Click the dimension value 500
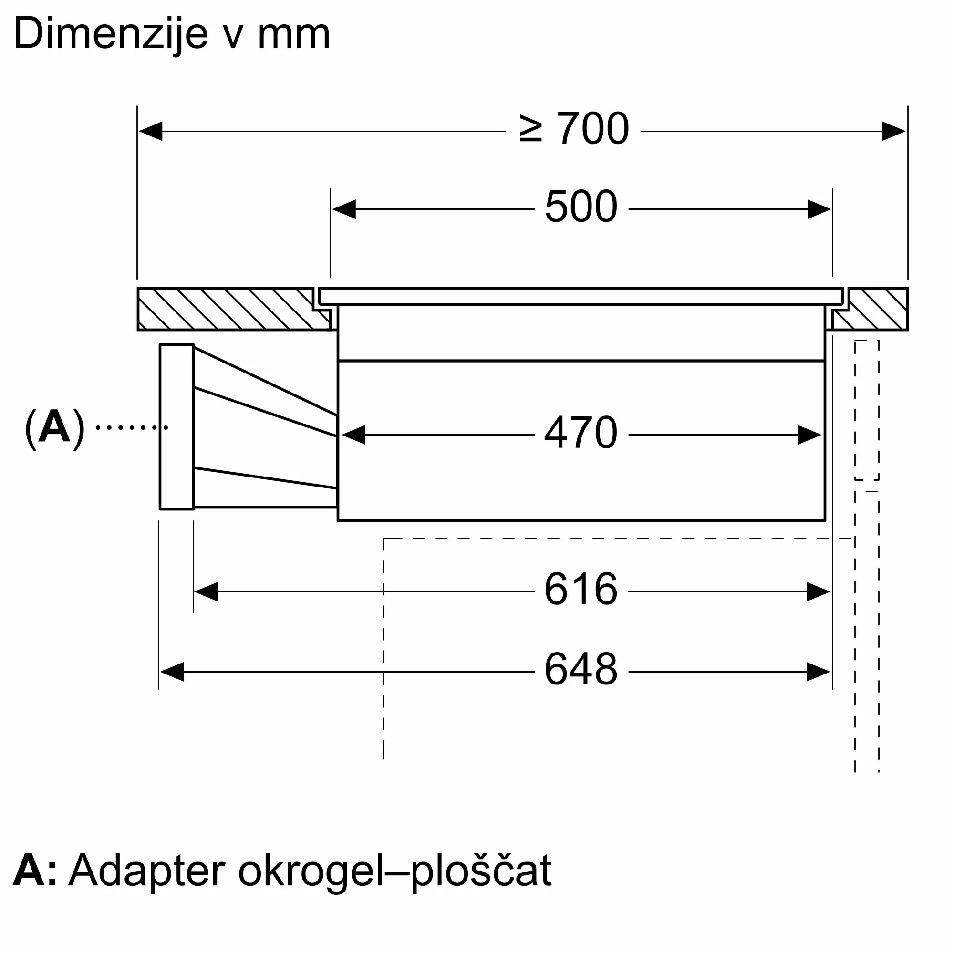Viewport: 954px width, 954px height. pyautogui.click(x=581, y=207)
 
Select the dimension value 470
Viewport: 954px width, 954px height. pyautogui.click(x=581, y=433)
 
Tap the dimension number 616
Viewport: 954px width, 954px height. pyautogui.click(x=581, y=589)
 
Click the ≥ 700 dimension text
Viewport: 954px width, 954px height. pyautogui.click(x=574, y=129)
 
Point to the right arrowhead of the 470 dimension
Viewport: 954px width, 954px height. pyautogui.click(x=809, y=435)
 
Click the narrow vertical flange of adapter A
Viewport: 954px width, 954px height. pyautogui.click(x=176, y=426)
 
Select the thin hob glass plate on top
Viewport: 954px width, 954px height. pyautogui.click(x=580, y=296)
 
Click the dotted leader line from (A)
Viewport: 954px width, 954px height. pyautogui.click(x=131, y=427)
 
